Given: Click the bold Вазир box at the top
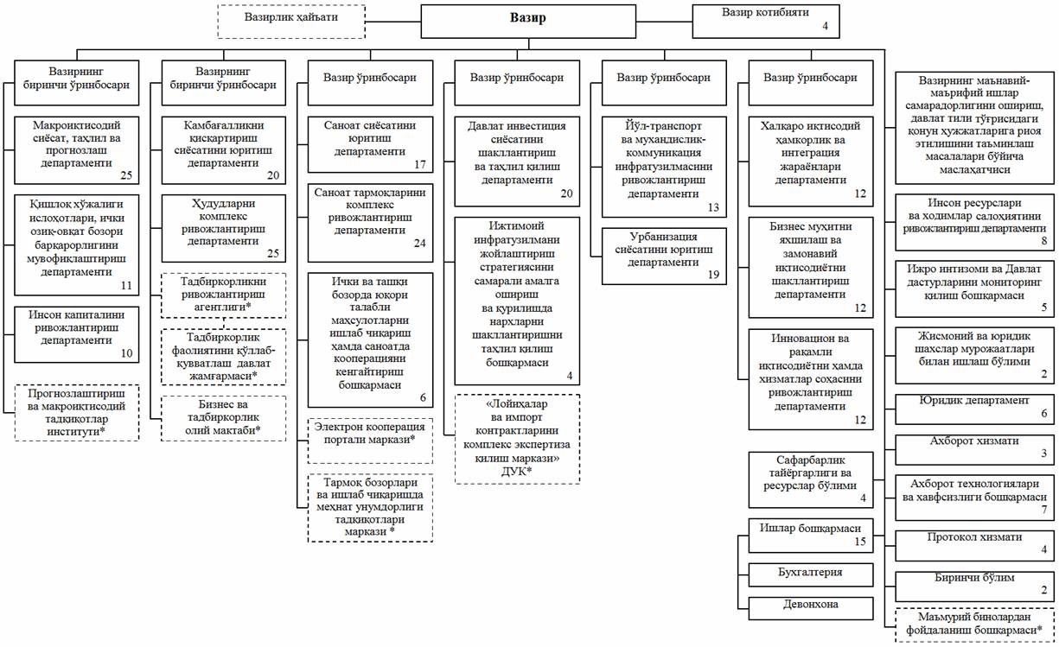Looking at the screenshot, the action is click(528, 22).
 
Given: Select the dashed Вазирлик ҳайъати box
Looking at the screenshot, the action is click(291, 22).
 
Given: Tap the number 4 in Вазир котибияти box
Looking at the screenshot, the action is click(825, 26).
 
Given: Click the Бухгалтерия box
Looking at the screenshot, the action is click(810, 574).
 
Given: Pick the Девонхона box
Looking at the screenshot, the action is click(810, 608).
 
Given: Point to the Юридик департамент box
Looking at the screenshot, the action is click(974, 409).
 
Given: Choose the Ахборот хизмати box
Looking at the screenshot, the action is click(974, 449).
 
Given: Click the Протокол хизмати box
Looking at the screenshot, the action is click(974, 546).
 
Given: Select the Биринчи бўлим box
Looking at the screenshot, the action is click(974, 587).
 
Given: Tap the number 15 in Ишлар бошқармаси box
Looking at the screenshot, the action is click(860, 542).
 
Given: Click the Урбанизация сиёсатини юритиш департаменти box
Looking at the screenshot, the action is click(664, 257).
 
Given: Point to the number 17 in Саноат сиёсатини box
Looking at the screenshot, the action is click(420, 164).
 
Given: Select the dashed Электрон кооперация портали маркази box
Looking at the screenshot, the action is click(370, 441).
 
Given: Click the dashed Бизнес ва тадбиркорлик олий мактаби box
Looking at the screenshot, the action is click(223, 418).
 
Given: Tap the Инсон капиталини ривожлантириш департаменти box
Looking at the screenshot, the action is click(77, 334).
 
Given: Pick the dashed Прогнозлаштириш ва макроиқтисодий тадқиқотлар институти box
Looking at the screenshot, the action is click(77, 413).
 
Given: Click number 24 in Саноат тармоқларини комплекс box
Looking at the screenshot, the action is click(420, 244).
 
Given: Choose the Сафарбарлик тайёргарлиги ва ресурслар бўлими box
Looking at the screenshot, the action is click(810, 479).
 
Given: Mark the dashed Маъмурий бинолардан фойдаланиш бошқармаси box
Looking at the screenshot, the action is click(974, 624).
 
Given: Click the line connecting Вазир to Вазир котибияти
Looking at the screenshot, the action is click(664, 22).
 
